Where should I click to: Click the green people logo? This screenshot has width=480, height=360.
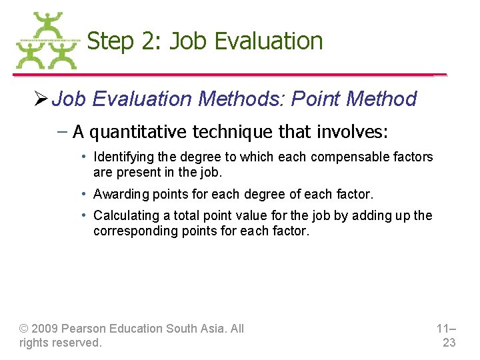pyautogui.click(x=47, y=41)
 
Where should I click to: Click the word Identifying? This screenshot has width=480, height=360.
pyautogui.click(x=121, y=157)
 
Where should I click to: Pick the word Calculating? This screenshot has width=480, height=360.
pyautogui.click(x=122, y=216)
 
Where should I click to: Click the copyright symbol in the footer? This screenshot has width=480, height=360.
pyautogui.click(x=24, y=329)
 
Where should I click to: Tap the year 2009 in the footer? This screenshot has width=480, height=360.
pyautogui.click(x=45, y=329)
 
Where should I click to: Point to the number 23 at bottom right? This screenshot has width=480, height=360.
pyautogui.click(x=449, y=343)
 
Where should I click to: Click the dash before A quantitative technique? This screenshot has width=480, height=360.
pyautogui.click(x=62, y=132)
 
